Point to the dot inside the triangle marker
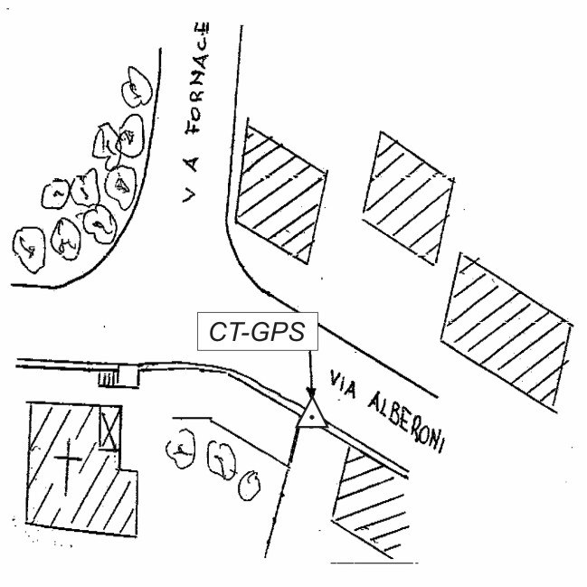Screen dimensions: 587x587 pos(312,418)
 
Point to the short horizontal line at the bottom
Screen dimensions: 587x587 pos(362,563)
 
